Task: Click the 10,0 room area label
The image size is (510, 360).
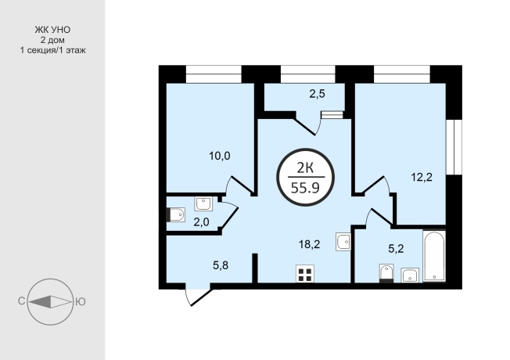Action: coord(220,157)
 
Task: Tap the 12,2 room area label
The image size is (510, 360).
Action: coord(422,178)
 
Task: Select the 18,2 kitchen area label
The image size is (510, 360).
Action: coord(309,244)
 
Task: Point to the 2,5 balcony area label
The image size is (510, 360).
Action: coord(317,94)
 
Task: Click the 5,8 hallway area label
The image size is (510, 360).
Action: coord(221,265)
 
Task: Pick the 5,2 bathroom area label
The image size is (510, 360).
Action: coord(396,249)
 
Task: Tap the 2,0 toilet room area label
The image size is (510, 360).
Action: coord(201,222)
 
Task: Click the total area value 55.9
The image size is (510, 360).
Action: coord(305,188)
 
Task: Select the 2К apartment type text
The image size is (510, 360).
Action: coord(305,168)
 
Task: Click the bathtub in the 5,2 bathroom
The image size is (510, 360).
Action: coord(434,256)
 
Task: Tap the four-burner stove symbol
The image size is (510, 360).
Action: coord(305,274)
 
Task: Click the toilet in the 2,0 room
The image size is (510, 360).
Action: coord(176,215)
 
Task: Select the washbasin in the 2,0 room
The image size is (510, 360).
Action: coord(203,203)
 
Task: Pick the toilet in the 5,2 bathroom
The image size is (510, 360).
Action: coord(386,273)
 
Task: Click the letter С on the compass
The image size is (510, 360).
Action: coord(21,302)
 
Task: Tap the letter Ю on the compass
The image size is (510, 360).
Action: coord(81,302)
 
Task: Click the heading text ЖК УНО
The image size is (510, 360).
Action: coord(52,30)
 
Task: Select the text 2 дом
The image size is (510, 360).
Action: coord(52,41)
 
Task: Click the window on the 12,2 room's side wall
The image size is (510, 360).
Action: coord(454,147)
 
